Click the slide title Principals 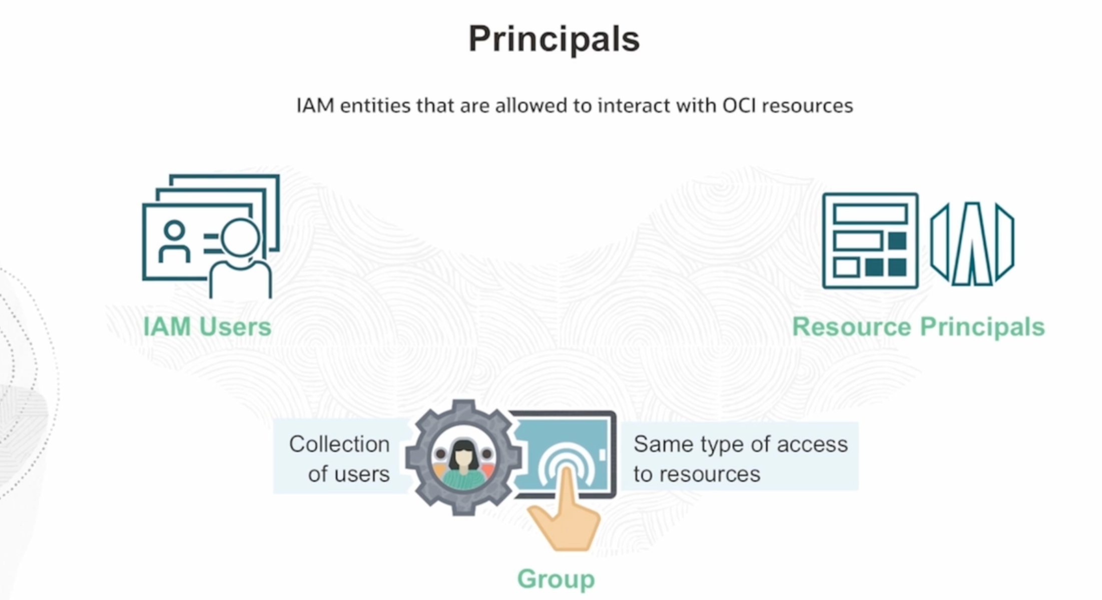pyautogui.click(x=554, y=39)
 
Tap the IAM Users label pyautogui.click(x=207, y=327)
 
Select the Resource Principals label pyautogui.click(x=918, y=327)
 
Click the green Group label pyautogui.click(x=556, y=579)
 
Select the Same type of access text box pyautogui.click(x=740, y=458)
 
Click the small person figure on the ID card pyautogui.click(x=174, y=242)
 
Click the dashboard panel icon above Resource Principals pyautogui.click(x=870, y=241)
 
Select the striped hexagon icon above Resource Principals pyautogui.click(x=972, y=244)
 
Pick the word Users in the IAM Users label pyautogui.click(x=235, y=327)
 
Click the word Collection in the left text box pyautogui.click(x=339, y=444)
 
